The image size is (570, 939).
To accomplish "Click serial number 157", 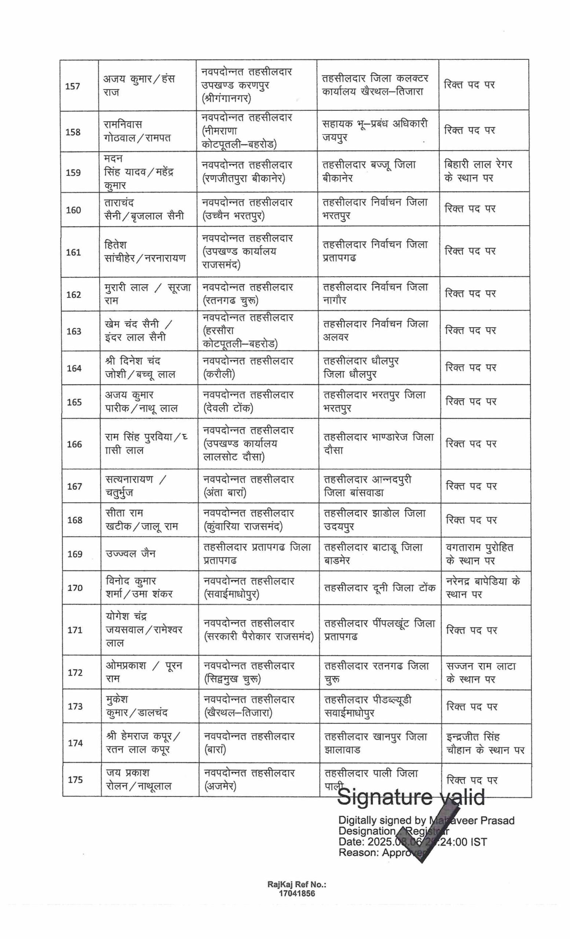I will (72, 86).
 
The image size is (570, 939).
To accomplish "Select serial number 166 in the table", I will (74, 444).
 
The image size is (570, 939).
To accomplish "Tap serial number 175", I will (75, 779).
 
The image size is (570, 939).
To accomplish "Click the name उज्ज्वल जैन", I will (130, 553).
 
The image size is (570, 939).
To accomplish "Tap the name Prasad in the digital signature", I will (498, 820).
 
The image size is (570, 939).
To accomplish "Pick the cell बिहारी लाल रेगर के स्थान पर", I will (478, 171).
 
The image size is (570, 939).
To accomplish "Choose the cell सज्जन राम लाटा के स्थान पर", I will (481, 673).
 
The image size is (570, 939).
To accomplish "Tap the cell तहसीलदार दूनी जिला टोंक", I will (380, 588).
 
